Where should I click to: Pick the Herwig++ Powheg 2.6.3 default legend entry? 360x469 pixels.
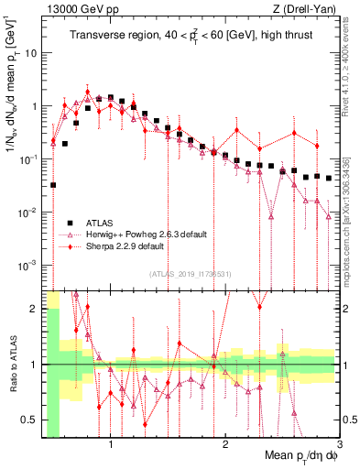tap(137, 234)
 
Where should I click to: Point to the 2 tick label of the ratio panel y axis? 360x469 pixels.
tap(33, 308)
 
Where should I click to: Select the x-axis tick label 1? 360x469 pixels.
tap(111, 445)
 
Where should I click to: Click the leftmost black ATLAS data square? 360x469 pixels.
tap(53, 185)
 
